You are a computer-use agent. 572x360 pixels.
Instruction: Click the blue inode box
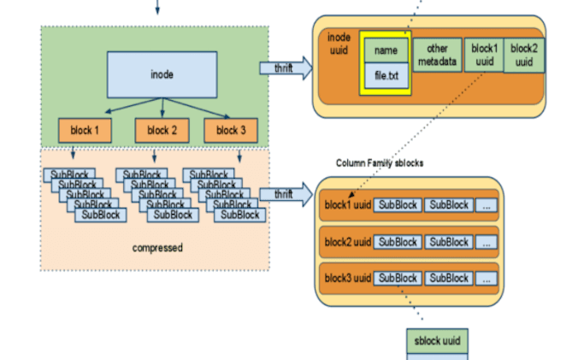click(162, 74)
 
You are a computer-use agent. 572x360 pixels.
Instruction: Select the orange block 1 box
click(86, 131)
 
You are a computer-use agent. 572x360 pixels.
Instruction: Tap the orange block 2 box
click(162, 131)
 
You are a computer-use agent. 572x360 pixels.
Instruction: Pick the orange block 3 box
click(230, 131)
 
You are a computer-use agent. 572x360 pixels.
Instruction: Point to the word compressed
click(157, 248)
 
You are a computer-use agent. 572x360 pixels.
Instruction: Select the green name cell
click(386, 51)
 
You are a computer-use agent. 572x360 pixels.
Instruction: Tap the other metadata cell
click(438, 55)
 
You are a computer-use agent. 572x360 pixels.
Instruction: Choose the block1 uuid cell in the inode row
click(483, 55)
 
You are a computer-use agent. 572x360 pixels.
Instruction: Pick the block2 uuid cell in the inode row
click(523, 55)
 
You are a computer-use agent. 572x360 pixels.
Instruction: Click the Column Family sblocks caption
click(379, 162)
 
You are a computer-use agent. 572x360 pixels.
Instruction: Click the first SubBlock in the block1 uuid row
click(398, 205)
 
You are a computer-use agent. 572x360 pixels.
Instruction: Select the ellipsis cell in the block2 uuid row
click(486, 242)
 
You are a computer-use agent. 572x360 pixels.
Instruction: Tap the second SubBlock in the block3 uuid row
click(449, 278)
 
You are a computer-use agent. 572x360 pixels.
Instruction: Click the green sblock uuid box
click(438, 340)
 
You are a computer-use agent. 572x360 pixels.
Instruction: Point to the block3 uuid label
click(348, 278)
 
